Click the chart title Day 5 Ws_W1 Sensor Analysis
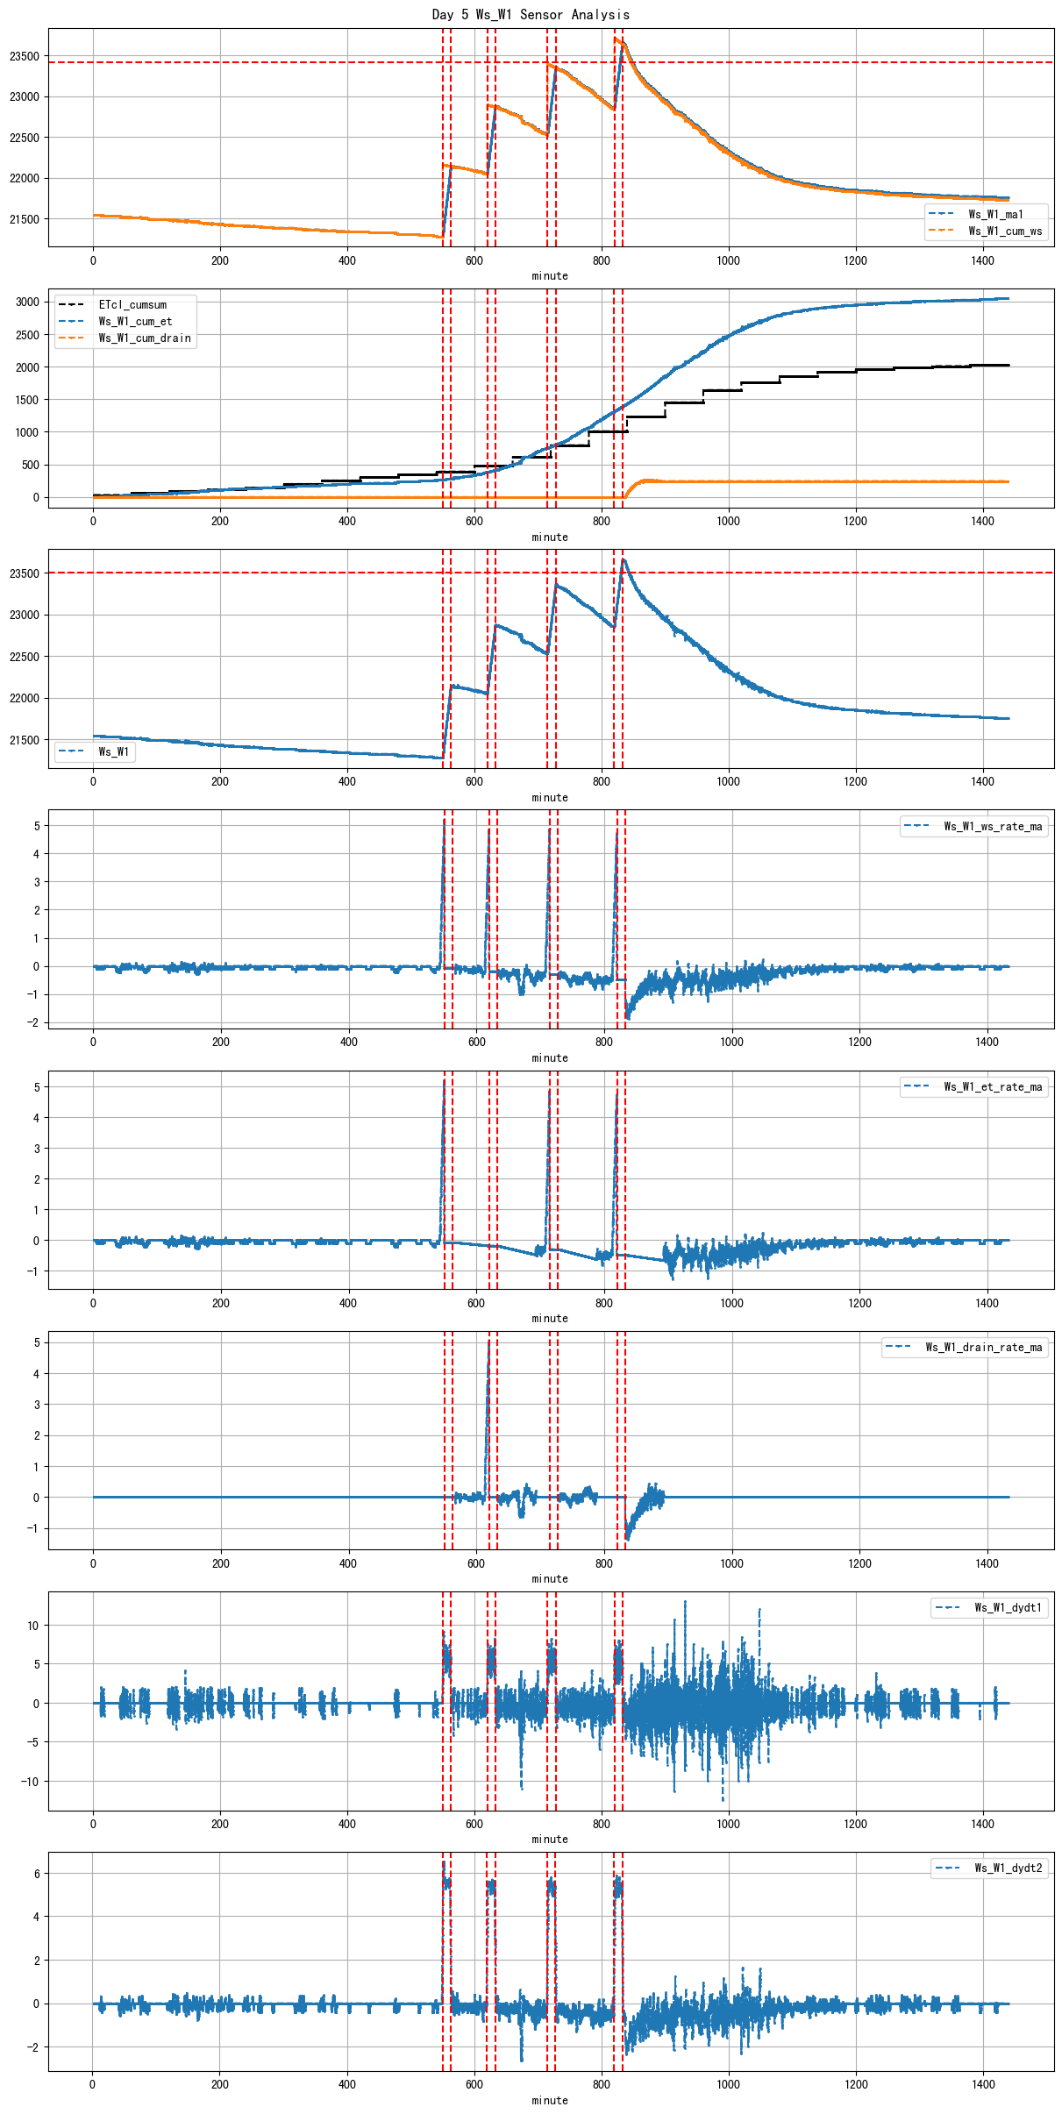point(531,14)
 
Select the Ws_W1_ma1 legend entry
point(995,214)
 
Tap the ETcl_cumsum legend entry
point(132,305)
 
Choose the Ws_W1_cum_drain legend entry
point(145,338)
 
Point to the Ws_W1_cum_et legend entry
point(135,322)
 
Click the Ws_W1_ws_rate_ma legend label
point(993,826)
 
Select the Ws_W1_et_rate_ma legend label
point(993,1086)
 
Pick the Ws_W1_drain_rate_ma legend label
point(984,1347)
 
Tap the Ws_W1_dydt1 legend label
point(1009,1607)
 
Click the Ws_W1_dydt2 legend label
point(1009,1868)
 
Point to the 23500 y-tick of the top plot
point(25,56)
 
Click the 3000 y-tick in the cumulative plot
point(27,302)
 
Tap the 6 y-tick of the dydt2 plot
point(37,1873)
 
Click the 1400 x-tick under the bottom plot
point(983,2084)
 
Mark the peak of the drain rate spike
point(488,1340)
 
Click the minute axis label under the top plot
point(550,276)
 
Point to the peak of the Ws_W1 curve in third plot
point(623,559)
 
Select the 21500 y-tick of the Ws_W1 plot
point(25,740)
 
